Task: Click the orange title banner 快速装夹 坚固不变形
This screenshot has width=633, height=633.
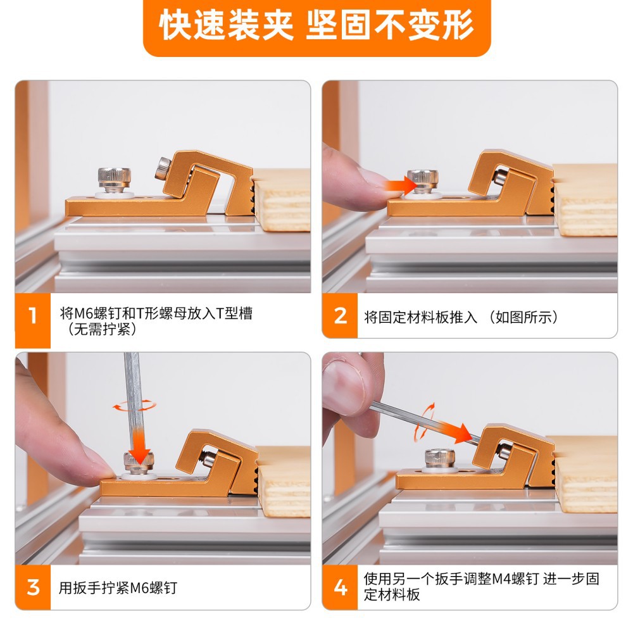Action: click(317, 27)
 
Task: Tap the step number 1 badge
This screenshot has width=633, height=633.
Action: click(33, 320)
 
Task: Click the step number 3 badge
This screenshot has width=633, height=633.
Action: click(33, 587)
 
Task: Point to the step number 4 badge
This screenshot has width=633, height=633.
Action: click(340, 587)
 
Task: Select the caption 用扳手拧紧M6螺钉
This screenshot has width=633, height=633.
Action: click(118, 588)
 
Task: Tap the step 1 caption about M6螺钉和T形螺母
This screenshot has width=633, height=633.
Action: click(156, 322)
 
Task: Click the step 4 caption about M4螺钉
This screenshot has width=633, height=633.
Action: click(481, 587)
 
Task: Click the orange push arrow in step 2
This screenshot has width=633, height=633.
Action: click(401, 185)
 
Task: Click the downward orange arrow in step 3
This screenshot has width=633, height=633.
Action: click(139, 446)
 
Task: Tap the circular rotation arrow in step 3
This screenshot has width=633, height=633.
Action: click(134, 406)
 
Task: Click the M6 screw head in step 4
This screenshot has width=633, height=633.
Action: click(440, 458)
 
